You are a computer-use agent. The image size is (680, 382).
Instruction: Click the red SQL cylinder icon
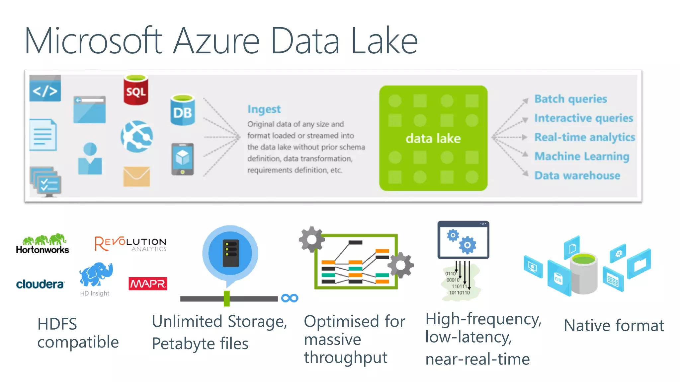136,90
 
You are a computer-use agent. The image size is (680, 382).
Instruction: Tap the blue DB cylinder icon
182,111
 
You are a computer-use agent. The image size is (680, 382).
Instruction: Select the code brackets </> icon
45,89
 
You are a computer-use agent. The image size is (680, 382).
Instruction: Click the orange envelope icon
136,176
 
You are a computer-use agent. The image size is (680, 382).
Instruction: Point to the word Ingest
264,109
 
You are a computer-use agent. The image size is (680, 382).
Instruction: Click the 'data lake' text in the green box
433,138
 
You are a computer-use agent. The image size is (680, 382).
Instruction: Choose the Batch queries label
570,99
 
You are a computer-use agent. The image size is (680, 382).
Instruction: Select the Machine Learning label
582,156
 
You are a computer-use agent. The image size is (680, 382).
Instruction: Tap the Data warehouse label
577,175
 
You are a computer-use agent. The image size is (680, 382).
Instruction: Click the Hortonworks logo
43,244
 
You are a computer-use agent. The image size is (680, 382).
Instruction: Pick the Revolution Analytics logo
130,244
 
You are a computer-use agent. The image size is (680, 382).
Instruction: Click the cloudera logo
40,284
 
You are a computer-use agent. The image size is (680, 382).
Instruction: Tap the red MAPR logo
148,284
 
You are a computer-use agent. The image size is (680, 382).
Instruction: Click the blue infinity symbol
290,298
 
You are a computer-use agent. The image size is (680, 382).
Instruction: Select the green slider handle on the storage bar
227,298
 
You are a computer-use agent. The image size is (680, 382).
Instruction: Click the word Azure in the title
216,41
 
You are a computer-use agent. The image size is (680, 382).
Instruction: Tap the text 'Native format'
614,326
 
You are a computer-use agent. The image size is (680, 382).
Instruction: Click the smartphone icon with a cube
182,159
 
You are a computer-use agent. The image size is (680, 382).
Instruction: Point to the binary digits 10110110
459,293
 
